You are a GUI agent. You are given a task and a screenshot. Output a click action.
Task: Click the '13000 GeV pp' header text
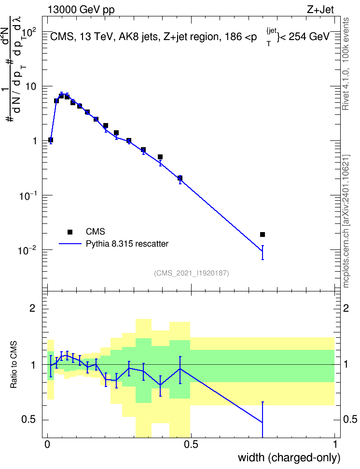[x=81, y=10]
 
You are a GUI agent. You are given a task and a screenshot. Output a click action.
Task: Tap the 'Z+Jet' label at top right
[x=320, y=10]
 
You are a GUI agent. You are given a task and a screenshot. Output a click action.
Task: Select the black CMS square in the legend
[x=70, y=232]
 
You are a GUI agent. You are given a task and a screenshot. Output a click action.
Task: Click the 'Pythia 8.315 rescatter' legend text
[x=127, y=244]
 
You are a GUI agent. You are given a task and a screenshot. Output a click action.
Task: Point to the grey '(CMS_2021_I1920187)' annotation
[x=192, y=273]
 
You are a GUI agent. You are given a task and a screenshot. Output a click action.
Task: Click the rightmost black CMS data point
[x=263, y=234]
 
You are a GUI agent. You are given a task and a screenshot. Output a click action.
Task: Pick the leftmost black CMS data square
[x=51, y=139]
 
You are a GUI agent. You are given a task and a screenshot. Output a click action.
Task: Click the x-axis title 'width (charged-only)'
[x=289, y=457]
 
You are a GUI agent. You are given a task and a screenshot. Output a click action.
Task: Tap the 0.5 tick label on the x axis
[x=191, y=444]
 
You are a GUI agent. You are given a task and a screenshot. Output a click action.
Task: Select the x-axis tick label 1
[x=335, y=444]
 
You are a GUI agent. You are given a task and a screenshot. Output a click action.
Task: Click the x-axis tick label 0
[x=47, y=444]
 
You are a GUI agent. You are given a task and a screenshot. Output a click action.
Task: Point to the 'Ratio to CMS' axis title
[x=14, y=365]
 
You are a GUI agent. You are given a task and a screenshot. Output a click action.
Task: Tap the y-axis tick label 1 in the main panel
[x=35, y=141]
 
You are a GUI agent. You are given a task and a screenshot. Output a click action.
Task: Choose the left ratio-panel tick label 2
[x=32, y=308]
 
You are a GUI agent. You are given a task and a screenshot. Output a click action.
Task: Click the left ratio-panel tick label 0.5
[x=28, y=419]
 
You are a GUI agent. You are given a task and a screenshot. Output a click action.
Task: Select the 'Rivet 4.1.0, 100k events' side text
[x=346, y=64]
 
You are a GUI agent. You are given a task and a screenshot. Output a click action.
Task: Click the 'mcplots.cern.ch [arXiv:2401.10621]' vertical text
[x=346, y=221]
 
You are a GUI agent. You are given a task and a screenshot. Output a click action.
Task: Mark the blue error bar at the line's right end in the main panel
[x=263, y=252]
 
